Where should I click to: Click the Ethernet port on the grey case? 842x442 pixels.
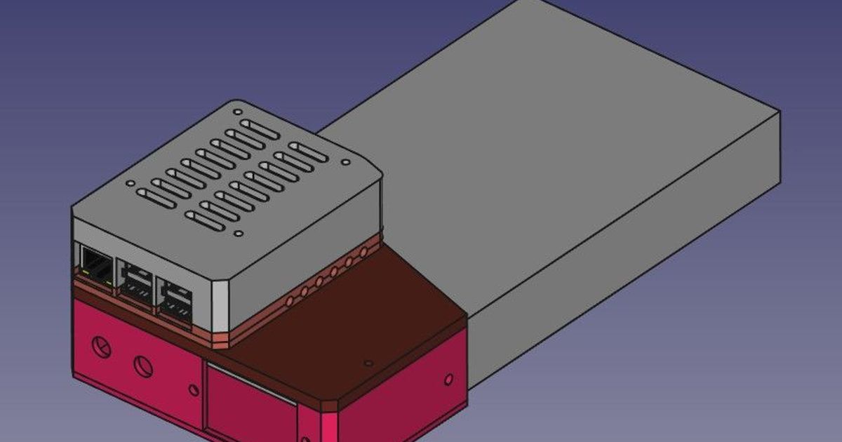tap(96, 264)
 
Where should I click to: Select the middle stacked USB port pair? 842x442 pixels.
tap(135, 281)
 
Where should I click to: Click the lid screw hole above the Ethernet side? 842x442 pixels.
tap(130, 184)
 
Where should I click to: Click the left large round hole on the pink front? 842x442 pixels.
tap(102, 347)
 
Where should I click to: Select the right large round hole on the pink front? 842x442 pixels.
tap(144, 365)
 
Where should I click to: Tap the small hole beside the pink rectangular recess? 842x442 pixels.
tap(194, 389)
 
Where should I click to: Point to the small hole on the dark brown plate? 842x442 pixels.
tap(368, 363)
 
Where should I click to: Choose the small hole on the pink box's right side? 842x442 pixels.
tap(448, 380)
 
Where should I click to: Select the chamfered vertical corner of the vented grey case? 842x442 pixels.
tap(220, 306)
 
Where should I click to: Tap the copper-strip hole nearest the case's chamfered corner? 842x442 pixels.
tap(288, 301)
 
